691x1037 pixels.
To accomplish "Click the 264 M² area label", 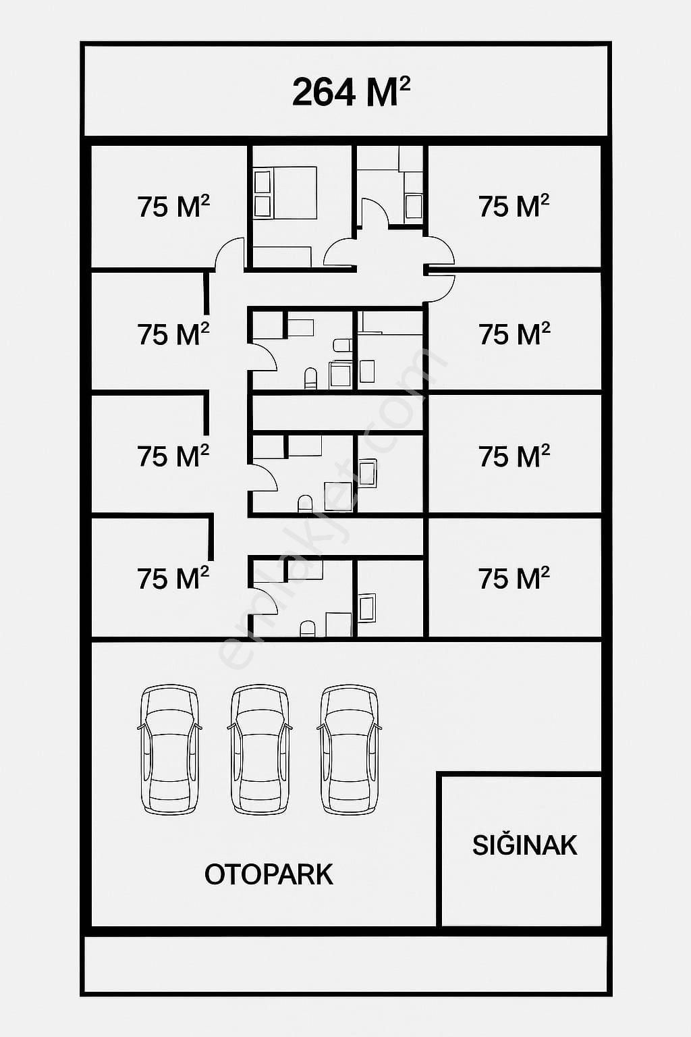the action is point(351,92).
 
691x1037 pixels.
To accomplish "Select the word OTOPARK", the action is point(269,874).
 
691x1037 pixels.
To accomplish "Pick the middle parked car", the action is point(260,749).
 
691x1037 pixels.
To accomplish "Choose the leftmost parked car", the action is point(170,749).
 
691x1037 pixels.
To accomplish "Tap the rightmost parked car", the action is point(350,749).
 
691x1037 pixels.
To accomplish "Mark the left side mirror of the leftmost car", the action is point(140,726).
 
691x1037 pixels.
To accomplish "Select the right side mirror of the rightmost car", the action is point(379,726).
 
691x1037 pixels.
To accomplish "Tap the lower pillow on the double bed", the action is point(262,205).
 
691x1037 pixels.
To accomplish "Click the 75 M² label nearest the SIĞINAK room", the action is point(514,578).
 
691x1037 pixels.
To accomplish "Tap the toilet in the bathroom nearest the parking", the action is point(307,629).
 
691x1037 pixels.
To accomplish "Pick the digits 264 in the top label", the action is point(325,92).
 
